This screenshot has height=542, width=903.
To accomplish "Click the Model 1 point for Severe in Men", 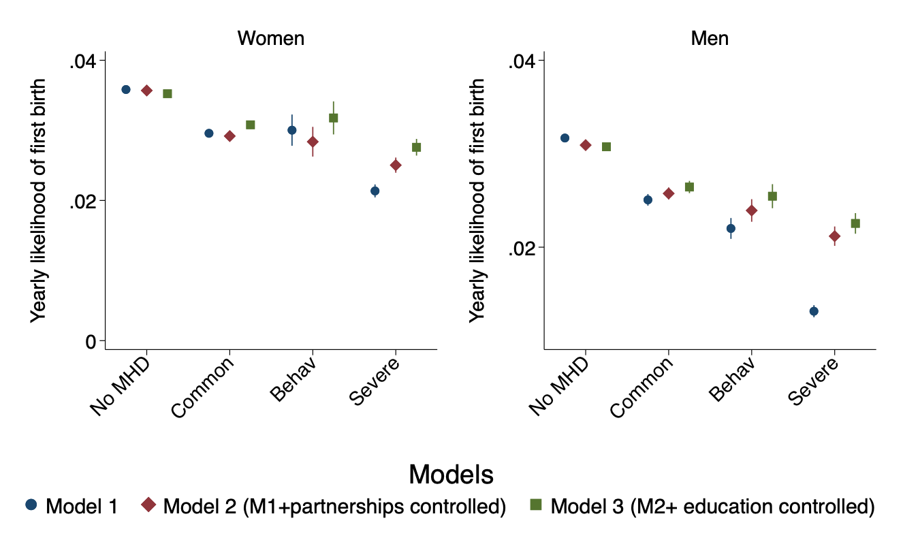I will (814, 311).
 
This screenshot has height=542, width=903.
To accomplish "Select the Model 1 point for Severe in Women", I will (375, 191).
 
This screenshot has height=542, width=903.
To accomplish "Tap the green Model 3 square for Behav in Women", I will (333, 118).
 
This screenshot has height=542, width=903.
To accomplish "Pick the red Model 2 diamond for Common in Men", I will (668, 193).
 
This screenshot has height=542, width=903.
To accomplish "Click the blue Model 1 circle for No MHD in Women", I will (126, 89).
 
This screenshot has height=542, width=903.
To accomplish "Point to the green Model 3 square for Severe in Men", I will (855, 223).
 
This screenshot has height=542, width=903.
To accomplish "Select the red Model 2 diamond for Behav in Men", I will (752, 210).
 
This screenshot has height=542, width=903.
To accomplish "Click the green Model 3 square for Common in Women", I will (250, 125).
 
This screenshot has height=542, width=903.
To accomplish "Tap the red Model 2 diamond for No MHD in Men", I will (585, 145).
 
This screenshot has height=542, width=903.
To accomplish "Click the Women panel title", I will (270, 38).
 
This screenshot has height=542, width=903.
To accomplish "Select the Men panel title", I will (710, 38).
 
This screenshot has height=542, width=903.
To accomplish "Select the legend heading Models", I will (451, 475).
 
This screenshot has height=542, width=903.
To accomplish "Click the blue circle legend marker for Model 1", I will (31, 505).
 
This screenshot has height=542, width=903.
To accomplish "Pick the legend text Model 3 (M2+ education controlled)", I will (712, 506).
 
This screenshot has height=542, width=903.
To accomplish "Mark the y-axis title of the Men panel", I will (479, 200).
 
